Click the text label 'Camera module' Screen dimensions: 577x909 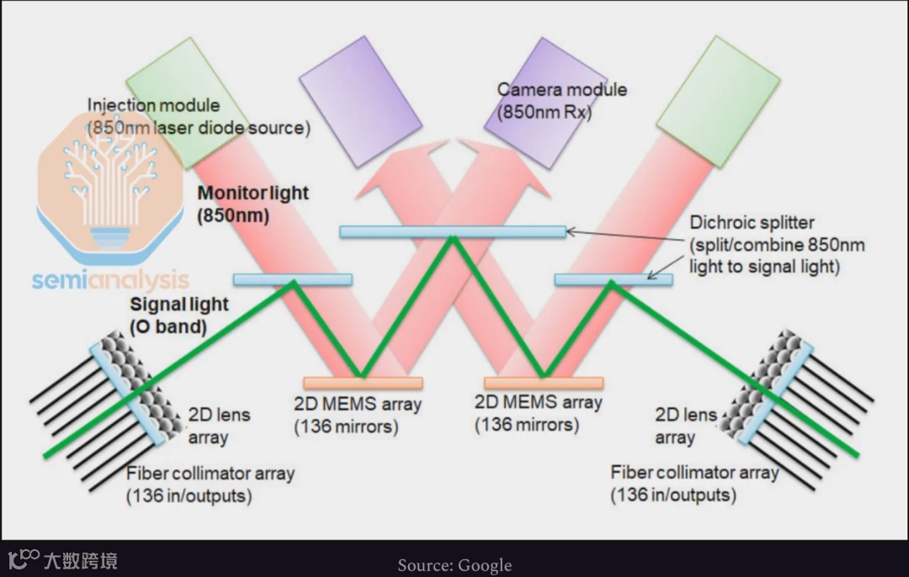pyautogui.click(x=561, y=90)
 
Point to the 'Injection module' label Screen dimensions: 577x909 pyautogui.click(x=153, y=106)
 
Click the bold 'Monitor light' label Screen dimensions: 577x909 pyautogui.click(x=252, y=193)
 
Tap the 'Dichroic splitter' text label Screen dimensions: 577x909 pyautogui.click(x=752, y=223)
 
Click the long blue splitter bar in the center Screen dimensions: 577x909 pyautogui.click(x=452, y=230)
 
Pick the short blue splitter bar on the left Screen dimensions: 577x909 pyautogui.click(x=292, y=278)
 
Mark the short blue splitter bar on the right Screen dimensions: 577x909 pyautogui.click(x=613, y=278)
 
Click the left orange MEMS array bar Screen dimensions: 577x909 pyautogui.click(x=363, y=383)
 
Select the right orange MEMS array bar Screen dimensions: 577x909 pyautogui.click(x=543, y=383)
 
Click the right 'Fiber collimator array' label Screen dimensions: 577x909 pyautogui.click(x=694, y=473)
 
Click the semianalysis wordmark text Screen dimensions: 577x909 pyautogui.click(x=110, y=280)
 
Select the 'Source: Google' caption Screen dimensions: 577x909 pyautogui.click(x=454, y=564)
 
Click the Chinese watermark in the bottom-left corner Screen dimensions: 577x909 pyautogui.click(x=63, y=559)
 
